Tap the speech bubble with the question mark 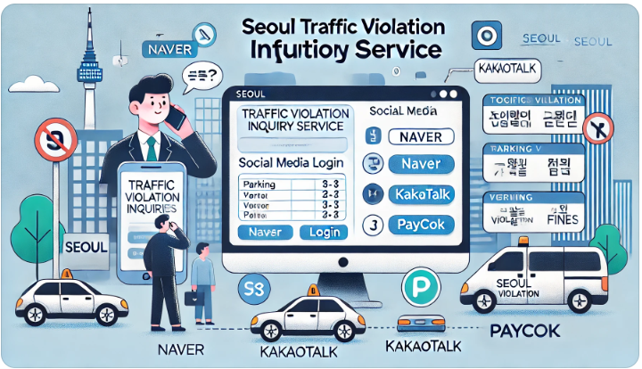pos(200,78)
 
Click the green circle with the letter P pos(417,288)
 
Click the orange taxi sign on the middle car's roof pos(313,291)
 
